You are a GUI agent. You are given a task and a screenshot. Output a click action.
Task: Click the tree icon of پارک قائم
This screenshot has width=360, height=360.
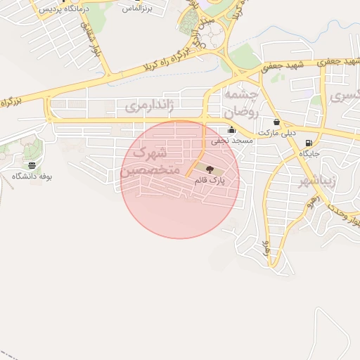208,168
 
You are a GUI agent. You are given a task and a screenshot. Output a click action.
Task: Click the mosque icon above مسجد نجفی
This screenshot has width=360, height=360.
232,130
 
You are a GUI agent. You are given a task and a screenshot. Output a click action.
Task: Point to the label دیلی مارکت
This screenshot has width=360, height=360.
278,132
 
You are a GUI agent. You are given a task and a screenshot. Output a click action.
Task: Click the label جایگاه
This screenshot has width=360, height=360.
310,153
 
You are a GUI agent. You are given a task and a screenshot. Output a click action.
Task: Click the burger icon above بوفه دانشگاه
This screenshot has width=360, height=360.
32,165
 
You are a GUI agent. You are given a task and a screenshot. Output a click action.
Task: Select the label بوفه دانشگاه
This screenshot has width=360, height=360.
32,176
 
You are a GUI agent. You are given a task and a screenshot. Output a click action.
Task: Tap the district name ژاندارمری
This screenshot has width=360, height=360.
148,107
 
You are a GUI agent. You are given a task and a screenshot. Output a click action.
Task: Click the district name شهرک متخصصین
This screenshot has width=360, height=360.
149,162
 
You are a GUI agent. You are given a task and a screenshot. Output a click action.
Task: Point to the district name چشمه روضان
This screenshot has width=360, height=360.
241,103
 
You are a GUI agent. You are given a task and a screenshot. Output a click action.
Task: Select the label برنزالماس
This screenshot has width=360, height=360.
137,8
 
